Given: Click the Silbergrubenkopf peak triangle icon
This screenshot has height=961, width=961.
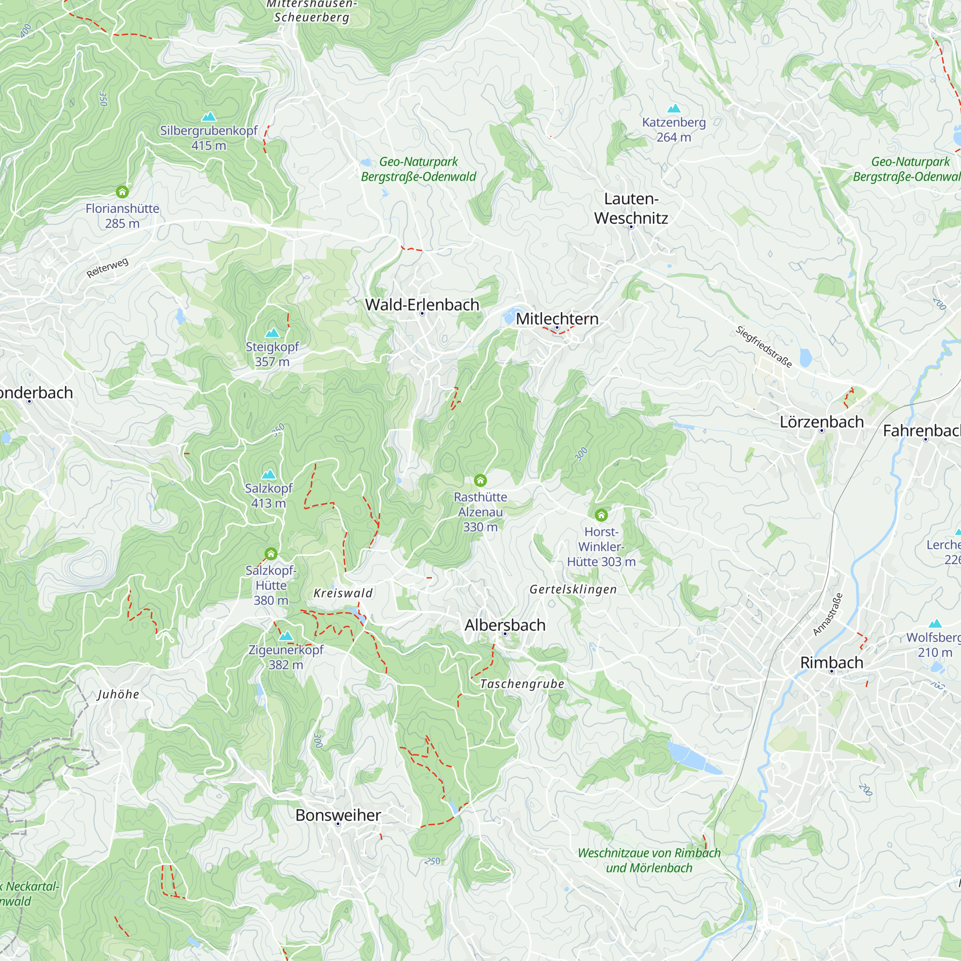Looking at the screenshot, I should [209, 117].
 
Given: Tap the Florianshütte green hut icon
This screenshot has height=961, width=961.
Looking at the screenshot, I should [123, 192].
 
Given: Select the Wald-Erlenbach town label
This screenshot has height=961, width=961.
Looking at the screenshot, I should [422, 305].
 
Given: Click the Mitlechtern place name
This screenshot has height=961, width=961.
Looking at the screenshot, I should [556, 319].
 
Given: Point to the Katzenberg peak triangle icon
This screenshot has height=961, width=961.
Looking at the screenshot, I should [674, 109].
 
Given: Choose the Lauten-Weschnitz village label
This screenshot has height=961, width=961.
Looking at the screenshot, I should [631, 209].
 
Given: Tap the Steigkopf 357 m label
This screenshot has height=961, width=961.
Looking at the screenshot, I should [272, 354].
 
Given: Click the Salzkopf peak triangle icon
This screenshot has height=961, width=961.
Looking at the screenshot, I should [269, 474].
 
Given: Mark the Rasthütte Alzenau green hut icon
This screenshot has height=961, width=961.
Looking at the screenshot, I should [480, 480].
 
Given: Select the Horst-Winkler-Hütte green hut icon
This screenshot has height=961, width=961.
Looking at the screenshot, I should [601, 515].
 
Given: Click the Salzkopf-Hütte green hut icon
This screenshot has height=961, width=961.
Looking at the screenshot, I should [271, 554].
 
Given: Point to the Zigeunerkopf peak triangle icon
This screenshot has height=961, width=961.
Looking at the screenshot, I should [286, 636].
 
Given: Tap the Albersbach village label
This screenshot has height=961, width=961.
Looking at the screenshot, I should [505, 625].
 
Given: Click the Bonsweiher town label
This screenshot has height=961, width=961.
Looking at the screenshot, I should [338, 815].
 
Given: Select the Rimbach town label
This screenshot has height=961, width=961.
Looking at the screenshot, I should [831, 663].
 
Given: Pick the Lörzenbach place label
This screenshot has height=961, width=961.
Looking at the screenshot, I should [821, 422].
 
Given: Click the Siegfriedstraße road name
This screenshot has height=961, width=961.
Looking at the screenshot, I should [764, 347].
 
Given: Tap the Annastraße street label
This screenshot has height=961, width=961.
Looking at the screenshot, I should [828, 614].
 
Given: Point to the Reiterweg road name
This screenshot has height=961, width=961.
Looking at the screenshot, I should [108, 268].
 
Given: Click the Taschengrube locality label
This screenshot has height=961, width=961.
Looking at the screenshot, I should [522, 684].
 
